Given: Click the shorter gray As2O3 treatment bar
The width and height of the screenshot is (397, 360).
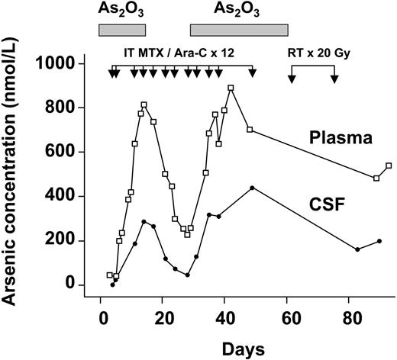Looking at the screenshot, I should [122, 30].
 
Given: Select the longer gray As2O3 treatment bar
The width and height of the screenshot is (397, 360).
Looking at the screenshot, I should [239, 30].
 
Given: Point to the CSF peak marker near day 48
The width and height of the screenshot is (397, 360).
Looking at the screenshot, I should [252, 188].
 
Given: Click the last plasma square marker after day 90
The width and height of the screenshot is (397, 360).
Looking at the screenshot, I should [389, 166].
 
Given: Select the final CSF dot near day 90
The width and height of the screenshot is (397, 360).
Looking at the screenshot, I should [379, 241].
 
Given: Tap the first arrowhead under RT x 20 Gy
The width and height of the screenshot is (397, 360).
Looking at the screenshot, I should [292, 79].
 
